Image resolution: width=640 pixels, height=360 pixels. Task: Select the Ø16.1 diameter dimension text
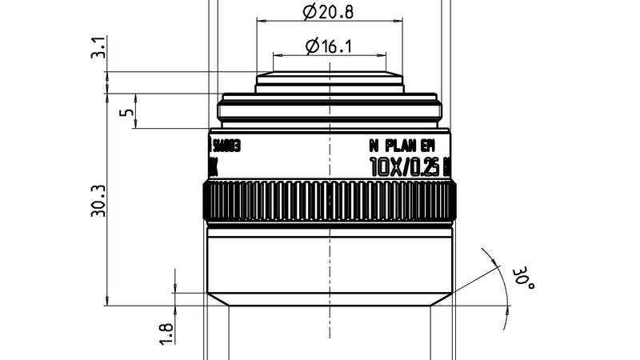click(x=329, y=46)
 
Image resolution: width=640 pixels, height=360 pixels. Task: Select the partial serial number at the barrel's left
click(x=224, y=146)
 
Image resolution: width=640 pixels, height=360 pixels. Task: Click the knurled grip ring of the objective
click(x=329, y=203)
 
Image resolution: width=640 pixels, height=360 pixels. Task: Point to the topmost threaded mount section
click(x=329, y=80)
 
